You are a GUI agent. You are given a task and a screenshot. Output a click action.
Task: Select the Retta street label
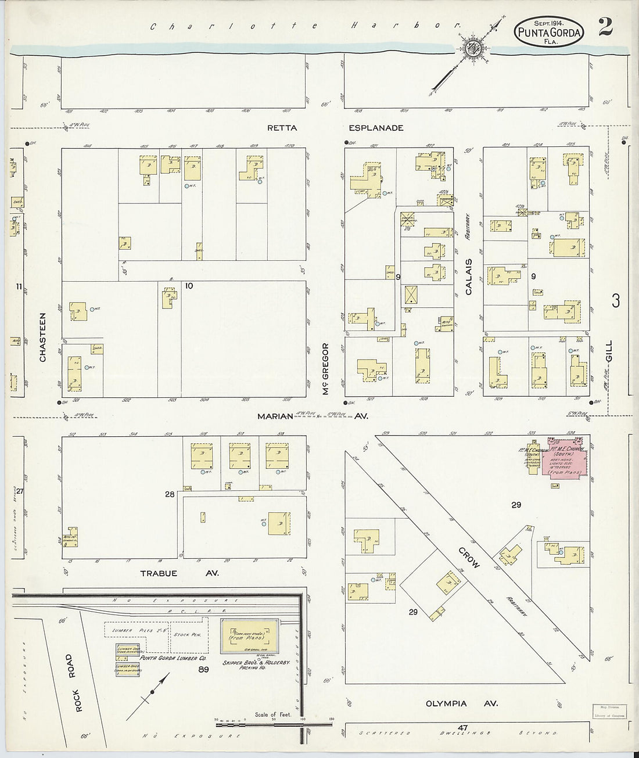pos(282,128)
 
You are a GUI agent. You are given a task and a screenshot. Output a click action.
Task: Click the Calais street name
pos(469,277)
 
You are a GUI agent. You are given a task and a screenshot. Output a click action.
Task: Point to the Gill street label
pos(609,351)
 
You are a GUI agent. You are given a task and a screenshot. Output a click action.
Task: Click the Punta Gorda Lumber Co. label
pos(154,658)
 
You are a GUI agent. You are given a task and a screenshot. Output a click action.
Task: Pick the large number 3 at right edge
pos(615,301)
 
